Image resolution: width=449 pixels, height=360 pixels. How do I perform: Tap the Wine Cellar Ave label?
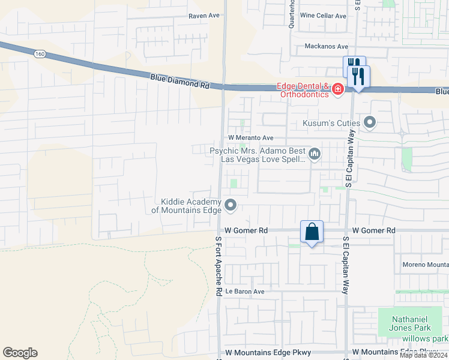tap(323, 16)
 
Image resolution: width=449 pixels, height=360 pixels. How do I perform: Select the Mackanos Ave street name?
tap(326, 46)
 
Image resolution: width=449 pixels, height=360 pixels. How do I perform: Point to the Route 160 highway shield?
tap(40, 54)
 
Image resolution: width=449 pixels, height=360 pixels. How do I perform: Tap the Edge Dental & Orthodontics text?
tap(303, 90)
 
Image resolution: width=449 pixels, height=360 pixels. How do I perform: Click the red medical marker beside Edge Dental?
tap(338, 89)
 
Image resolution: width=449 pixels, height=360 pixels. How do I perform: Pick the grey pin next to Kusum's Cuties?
tap(370, 123)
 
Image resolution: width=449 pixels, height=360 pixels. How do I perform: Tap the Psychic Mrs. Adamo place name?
tap(258, 155)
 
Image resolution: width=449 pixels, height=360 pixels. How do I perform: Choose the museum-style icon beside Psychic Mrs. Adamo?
tap(315, 155)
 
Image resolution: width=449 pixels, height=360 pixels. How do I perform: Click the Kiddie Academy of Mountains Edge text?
tap(186, 206)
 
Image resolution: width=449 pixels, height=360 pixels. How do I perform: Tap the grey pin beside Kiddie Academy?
tap(231, 206)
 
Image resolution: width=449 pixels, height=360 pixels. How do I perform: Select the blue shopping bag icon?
tap(312, 232)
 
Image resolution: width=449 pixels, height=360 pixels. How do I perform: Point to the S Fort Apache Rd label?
tap(219, 265)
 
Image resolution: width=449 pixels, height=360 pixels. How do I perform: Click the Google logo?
tap(20, 353)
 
